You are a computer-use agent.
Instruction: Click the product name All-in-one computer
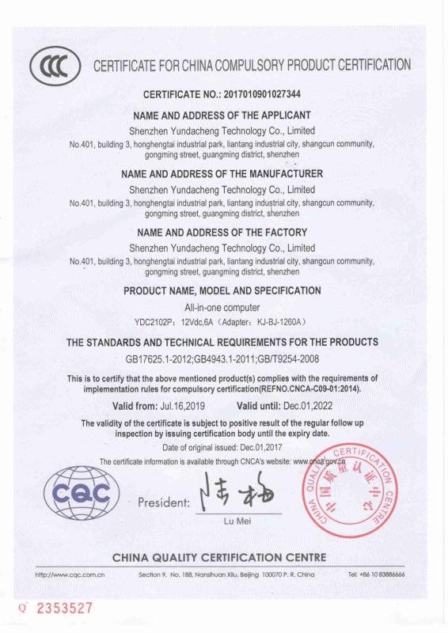point(222,306)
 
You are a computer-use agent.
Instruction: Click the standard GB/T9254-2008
point(283,358)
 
